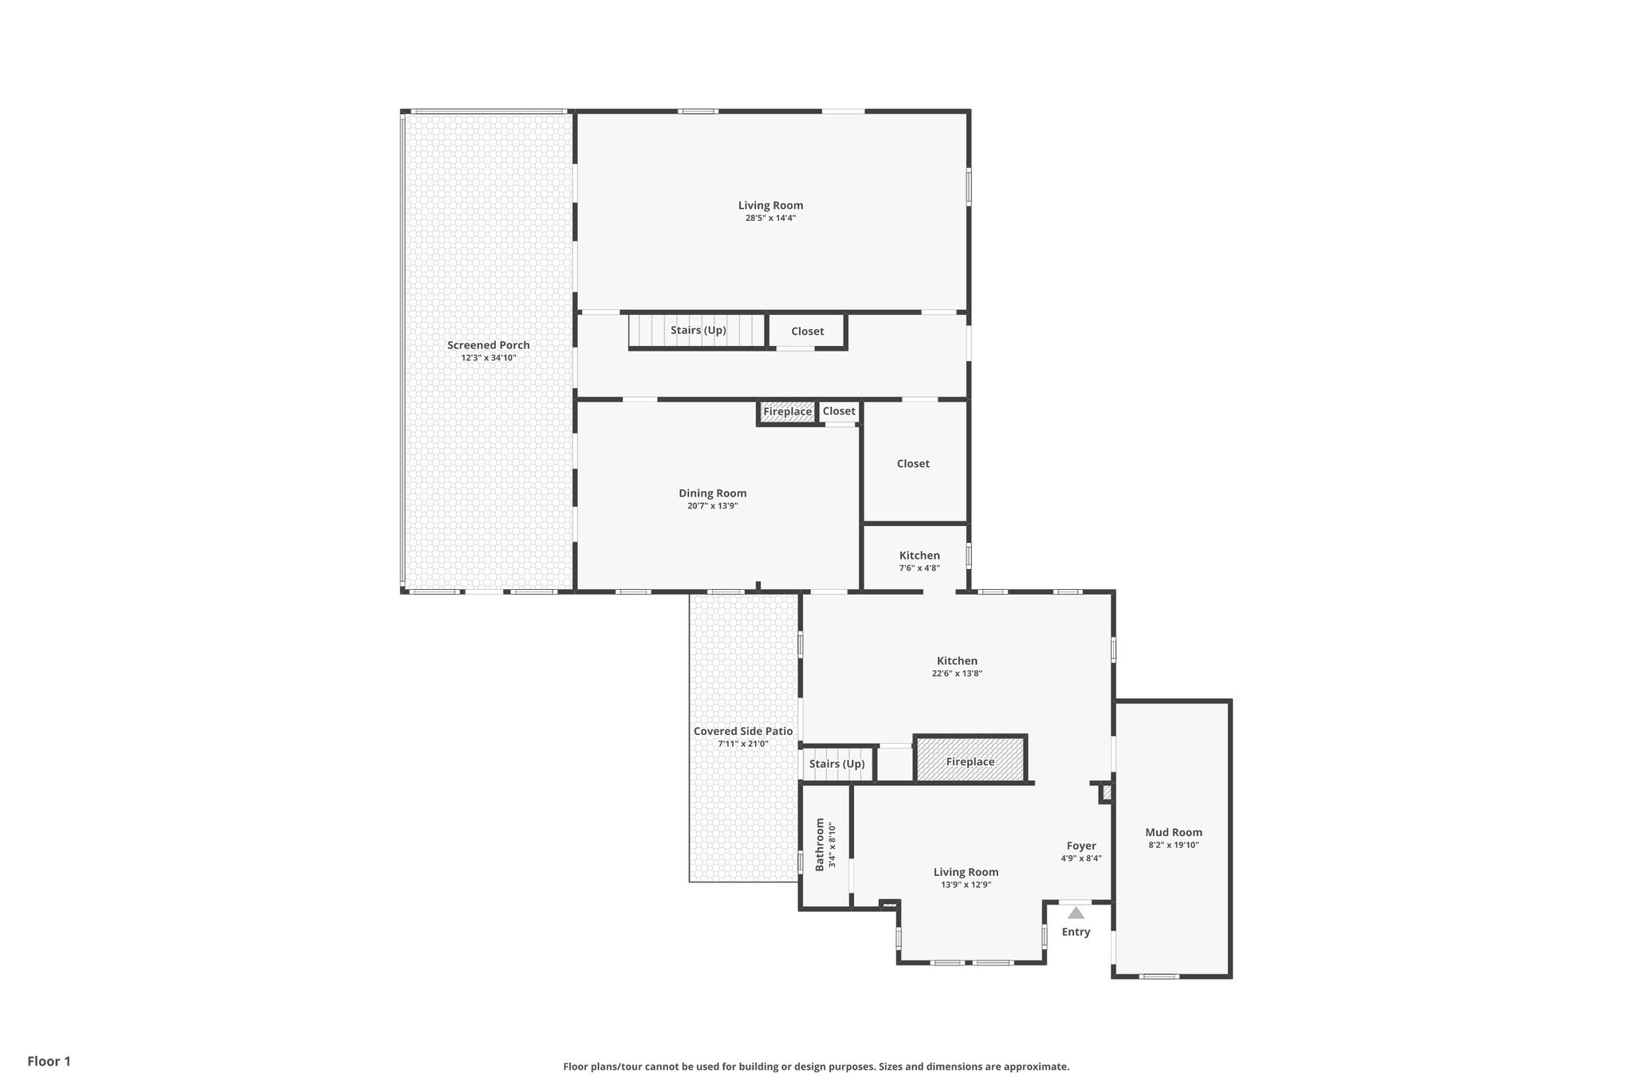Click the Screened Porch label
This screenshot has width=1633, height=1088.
488,345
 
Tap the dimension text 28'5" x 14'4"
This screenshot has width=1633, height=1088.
770,218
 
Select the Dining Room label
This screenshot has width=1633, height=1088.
712,493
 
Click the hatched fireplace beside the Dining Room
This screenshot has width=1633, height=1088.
787,412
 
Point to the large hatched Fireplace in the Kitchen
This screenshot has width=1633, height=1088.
970,761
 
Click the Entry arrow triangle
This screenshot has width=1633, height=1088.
1076,913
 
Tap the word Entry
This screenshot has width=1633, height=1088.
1076,932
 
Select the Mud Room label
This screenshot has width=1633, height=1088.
1173,832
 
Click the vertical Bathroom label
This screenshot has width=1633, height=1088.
819,845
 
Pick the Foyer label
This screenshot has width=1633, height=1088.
1080,846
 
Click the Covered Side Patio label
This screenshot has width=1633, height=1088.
742,731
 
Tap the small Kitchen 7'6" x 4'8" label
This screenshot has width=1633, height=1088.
919,556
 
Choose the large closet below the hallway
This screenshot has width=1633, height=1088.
913,463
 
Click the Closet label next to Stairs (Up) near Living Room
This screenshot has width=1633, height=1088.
807,331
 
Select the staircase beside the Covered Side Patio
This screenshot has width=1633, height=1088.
836,764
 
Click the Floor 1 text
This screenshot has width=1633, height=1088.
49,1061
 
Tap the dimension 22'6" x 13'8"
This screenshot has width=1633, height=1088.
957,674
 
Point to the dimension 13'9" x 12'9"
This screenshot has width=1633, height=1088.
966,885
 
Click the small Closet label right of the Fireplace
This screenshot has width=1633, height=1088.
839,411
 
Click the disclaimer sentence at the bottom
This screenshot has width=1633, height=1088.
816,1066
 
